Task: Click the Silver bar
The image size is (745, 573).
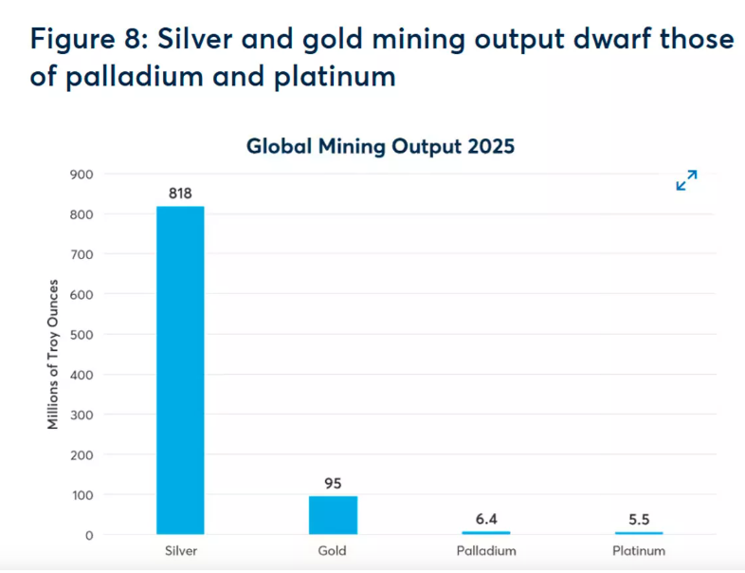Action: click(x=180, y=370)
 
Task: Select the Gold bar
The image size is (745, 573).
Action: click(x=333, y=515)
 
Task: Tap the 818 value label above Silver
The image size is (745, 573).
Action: click(x=180, y=194)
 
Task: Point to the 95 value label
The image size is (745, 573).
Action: click(x=333, y=483)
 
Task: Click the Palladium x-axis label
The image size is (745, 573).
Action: click(x=486, y=551)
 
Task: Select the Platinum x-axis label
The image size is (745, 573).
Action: click(x=639, y=551)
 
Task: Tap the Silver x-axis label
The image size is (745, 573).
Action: click(x=180, y=551)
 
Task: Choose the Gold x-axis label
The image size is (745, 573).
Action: click(x=333, y=551)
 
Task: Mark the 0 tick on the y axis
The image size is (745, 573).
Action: click(x=89, y=535)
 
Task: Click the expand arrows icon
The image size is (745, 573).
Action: click(x=686, y=180)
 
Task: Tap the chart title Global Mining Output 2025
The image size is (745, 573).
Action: click(x=380, y=147)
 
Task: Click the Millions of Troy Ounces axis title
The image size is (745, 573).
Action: click(x=54, y=354)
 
